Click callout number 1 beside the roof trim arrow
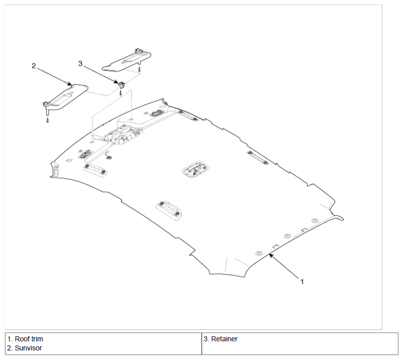point(302,282)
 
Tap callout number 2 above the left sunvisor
point(34,66)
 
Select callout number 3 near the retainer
point(80,64)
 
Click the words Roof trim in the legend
point(29,339)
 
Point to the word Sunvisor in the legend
point(28,348)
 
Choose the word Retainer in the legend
point(224,339)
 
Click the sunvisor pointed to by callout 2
point(65,97)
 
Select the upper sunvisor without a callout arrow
point(127,61)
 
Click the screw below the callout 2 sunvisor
point(47,119)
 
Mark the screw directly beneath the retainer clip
point(120,92)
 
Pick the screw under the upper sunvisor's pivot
point(139,69)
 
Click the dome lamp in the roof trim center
point(195,169)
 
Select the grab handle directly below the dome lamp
point(168,210)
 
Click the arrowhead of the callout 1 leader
point(271,255)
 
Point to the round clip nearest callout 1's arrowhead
point(259,253)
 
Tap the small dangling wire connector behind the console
point(109,155)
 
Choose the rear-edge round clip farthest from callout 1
point(315,221)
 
